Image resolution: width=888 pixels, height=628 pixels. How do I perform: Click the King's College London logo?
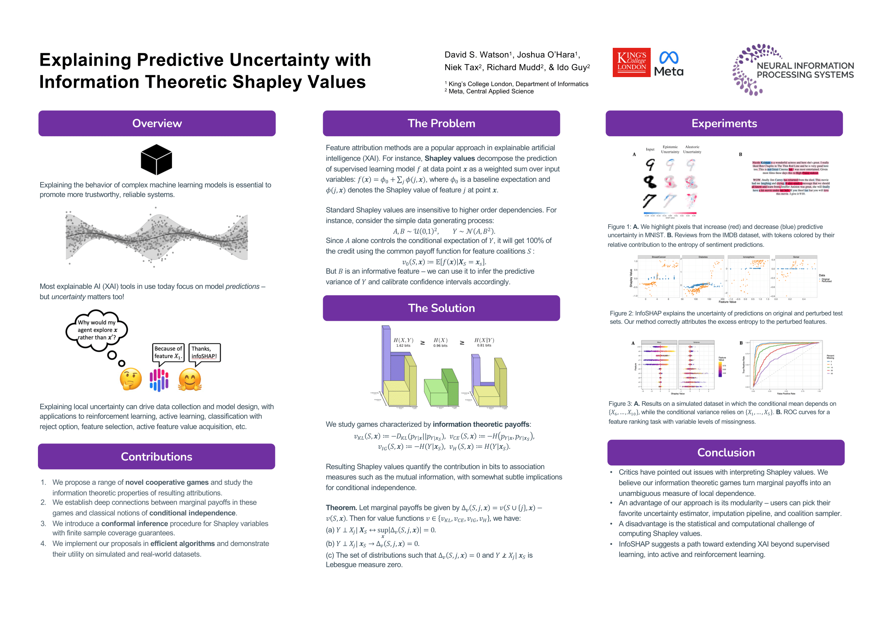coord(631,62)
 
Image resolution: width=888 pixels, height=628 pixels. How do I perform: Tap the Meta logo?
coord(669,64)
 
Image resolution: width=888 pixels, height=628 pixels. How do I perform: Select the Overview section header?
coord(157,123)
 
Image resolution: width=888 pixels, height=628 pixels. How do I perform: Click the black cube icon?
coord(156,160)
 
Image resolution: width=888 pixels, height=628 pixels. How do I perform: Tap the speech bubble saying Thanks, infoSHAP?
coord(204,353)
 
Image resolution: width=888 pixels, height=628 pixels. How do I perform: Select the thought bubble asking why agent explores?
coord(97,330)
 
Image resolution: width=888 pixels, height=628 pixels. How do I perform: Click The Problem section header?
coord(441,123)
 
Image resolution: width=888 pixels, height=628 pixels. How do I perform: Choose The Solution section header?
coord(441,308)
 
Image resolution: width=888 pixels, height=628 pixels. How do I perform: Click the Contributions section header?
coord(157,457)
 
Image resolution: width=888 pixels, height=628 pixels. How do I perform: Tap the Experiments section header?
coord(724,123)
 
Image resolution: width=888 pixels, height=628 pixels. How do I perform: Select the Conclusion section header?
coord(726,453)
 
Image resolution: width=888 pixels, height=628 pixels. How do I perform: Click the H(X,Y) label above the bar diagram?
coord(404,340)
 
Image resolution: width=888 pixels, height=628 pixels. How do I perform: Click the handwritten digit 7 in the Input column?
coord(649,200)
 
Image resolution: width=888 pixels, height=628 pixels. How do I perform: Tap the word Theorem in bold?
coord(341,508)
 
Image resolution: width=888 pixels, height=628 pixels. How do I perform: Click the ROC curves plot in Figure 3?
coord(785,365)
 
